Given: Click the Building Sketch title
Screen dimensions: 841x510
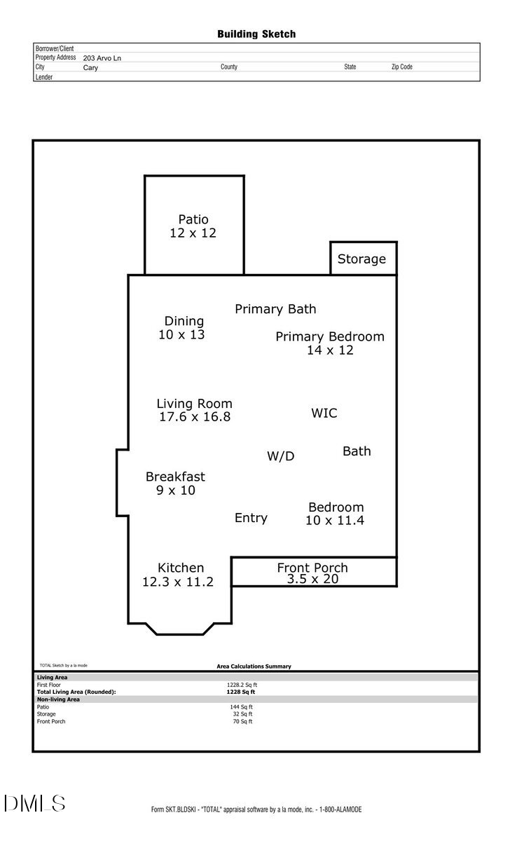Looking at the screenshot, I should [x=256, y=34].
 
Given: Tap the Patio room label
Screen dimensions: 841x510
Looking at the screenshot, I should [x=193, y=219].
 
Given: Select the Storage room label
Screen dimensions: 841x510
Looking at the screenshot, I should [x=361, y=259].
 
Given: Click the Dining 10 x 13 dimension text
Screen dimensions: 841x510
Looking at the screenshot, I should [x=181, y=335].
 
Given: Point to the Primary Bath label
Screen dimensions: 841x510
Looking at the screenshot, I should [x=275, y=309].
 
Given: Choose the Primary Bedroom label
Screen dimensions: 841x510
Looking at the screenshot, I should [x=330, y=336].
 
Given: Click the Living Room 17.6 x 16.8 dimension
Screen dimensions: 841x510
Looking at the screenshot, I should [x=195, y=417].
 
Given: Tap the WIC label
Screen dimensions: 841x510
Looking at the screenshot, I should [x=324, y=413].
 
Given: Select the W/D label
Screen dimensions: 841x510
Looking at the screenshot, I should [x=280, y=456].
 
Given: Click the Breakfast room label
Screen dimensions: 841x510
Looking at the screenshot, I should [x=175, y=477].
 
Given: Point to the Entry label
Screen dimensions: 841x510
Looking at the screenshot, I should [x=251, y=518].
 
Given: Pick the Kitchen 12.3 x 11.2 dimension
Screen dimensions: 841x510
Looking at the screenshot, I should [x=177, y=581].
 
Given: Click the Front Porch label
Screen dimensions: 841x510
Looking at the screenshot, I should [x=312, y=568].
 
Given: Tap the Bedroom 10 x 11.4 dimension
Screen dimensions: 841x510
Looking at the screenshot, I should [x=335, y=521].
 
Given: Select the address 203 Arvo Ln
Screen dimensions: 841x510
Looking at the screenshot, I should [x=102, y=58].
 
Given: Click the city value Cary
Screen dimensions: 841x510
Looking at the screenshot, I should [x=90, y=68].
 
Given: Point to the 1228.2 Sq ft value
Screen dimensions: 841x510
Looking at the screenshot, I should [x=242, y=685].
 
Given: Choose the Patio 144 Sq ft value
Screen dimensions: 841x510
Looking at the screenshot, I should [x=241, y=707].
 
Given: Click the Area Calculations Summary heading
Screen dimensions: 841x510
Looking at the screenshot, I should [x=254, y=666].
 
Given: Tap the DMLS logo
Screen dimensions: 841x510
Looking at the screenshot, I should [x=34, y=803].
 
